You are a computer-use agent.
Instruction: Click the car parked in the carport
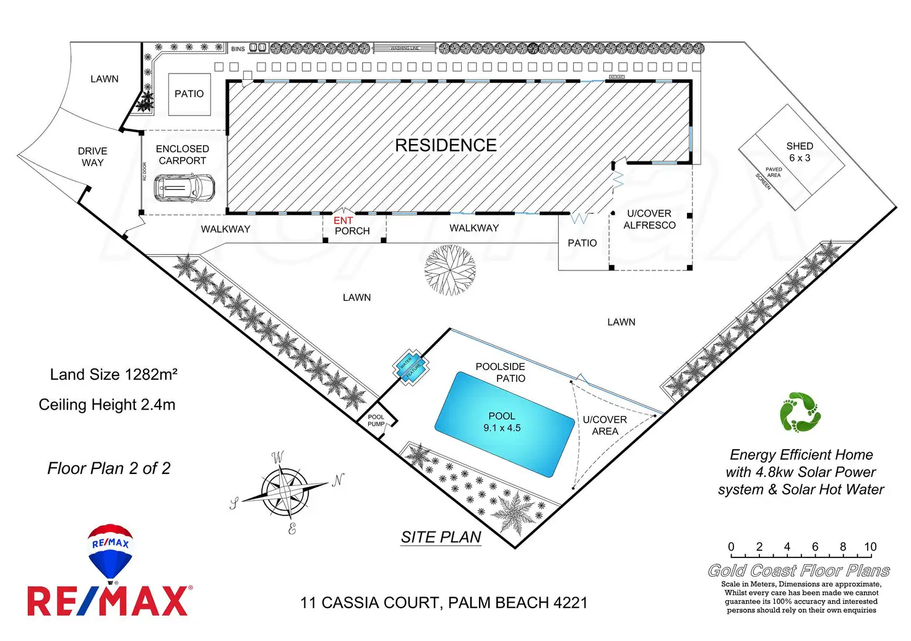tap(184, 187)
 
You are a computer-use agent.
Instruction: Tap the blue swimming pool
tap(504, 424)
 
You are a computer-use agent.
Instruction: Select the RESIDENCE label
tap(446, 145)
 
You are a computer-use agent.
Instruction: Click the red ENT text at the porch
tap(343, 220)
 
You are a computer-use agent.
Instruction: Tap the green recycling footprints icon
tap(800, 411)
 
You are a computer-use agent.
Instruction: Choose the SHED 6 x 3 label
tap(799, 152)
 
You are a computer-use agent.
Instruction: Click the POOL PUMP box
tap(376, 421)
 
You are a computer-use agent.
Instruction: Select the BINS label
tap(238, 49)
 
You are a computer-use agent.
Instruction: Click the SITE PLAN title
tap(441, 537)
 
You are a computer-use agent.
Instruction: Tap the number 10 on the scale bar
tap(870, 547)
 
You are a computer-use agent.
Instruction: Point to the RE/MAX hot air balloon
tap(110, 551)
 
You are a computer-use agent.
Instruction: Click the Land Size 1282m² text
tap(114, 374)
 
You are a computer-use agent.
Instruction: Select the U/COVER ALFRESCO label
tap(649, 219)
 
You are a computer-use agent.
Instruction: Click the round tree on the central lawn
tap(450, 270)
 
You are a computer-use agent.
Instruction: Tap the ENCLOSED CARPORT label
tap(183, 155)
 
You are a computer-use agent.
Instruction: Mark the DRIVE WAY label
tap(93, 157)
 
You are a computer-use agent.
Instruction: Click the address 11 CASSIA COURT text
tap(444, 603)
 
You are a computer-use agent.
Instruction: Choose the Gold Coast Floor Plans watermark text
tap(799, 570)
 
